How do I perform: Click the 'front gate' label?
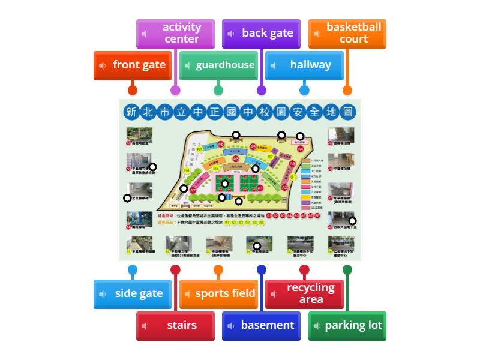(x=133, y=65)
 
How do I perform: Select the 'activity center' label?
(x=175, y=33)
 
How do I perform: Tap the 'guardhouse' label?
(x=218, y=65)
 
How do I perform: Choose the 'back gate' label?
(x=261, y=33)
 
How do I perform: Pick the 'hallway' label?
(x=304, y=65)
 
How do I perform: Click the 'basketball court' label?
(x=347, y=33)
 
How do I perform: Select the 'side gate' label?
(x=133, y=293)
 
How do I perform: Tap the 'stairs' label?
(x=175, y=325)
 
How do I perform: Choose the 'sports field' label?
(x=218, y=293)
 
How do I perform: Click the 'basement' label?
(x=261, y=325)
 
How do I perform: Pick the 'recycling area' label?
(x=304, y=293)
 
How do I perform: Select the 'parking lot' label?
(x=347, y=325)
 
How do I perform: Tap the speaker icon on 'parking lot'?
(x=317, y=326)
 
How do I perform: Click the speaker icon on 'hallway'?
(x=274, y=65)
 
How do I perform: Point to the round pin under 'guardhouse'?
(x=218, y=91)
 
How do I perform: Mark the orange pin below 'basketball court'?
(x=347, y=91)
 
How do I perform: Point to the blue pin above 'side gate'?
(x=133, y=269)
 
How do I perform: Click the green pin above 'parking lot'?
(x=347, y=269)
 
